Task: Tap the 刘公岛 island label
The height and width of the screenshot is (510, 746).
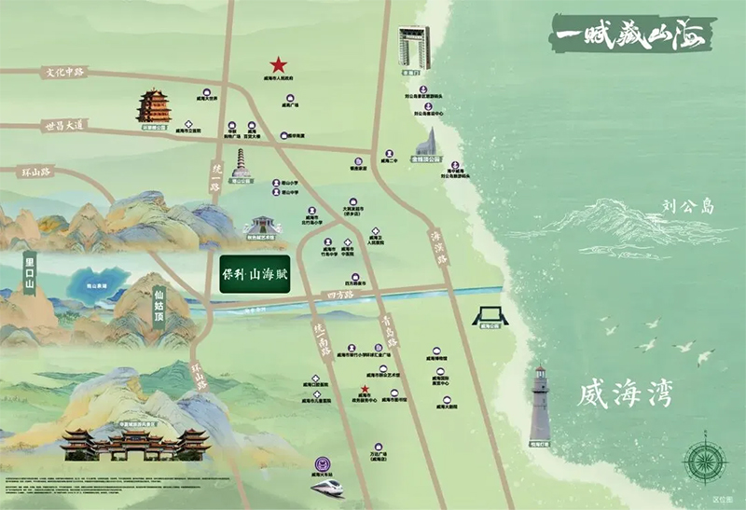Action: click(688, 205)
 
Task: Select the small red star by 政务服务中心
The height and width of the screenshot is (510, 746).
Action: click(365, 390)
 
